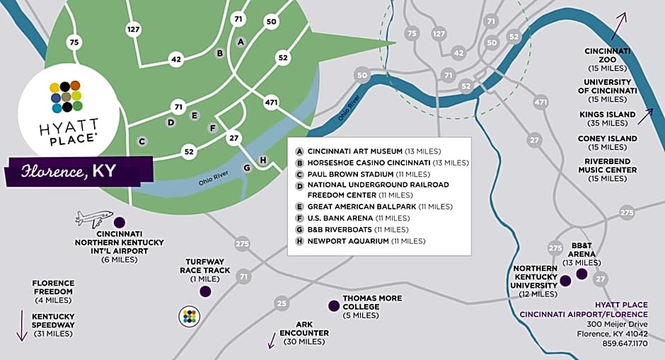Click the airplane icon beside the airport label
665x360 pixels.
(94, 219)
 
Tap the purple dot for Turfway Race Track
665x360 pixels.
(205, 291)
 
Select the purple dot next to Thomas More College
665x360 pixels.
(333, 306)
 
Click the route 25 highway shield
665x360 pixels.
(282, 304)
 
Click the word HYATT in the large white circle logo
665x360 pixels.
(69, 126)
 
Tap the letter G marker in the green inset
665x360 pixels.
(247, 168)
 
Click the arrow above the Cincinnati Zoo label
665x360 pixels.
(618, 26)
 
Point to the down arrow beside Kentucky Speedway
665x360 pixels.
(21, 325)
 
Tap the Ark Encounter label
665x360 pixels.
(303, 337)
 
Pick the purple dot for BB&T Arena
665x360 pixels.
(582, 274)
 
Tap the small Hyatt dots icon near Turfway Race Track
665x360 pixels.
(188, 315)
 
